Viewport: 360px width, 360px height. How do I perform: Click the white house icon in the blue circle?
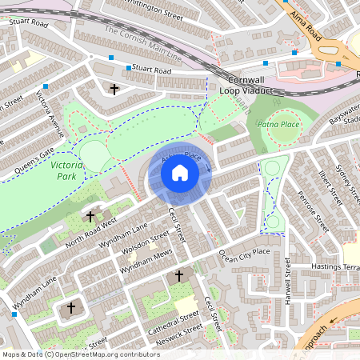tap(180, 172)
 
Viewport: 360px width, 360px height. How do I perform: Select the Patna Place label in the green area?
tap(278, 126)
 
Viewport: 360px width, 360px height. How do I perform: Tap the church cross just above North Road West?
tap(90, 216)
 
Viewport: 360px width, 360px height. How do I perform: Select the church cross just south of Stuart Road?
tap(114, 88)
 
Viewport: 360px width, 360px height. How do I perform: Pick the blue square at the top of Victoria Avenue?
tap(47, 86)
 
